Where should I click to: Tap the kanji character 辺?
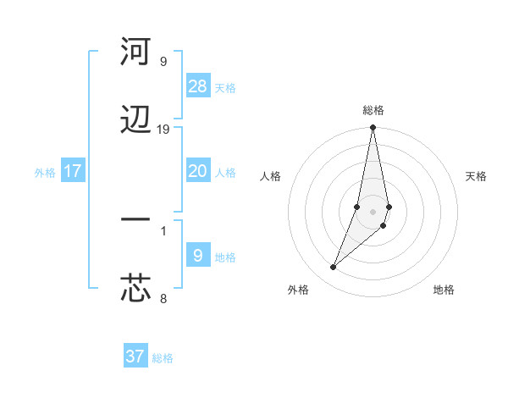point(135,121)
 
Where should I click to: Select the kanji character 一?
point(135,220)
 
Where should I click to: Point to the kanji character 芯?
point(135,289)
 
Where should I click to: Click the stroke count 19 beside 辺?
point(163,130)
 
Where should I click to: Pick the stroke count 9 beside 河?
point(163,62)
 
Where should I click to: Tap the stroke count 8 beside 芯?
point(163,298)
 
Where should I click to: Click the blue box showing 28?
point(198,86)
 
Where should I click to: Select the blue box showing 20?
point(198,171)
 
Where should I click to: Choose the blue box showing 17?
point(73,171)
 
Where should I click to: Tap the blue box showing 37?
point(135,357)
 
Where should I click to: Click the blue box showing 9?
point(198,256)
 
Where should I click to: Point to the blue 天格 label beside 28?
point(225,88)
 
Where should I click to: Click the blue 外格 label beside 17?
point(45,173)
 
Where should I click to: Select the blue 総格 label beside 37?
point(163,358)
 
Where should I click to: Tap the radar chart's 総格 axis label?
point(373,110)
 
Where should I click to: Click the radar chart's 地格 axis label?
point(444,290)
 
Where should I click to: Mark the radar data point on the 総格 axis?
point(373,129)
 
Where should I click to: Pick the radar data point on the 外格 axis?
point(334,268)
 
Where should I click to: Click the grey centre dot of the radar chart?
point(373,211)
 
